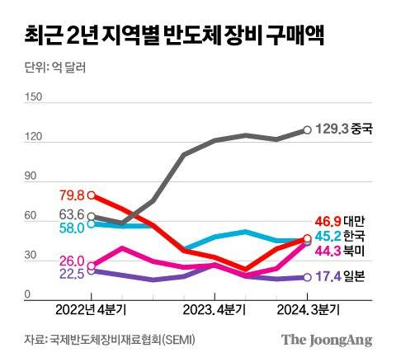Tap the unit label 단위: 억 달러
(49, 68)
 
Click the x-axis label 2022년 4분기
(91, 310)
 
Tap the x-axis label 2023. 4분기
(214, 310)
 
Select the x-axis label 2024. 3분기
(307, 310)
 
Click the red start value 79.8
(72, 195)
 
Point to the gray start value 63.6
(72, 214)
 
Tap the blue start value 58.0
(72, 228)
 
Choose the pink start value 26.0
(72, 261)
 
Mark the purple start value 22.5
(72, 275)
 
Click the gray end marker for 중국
(307, 129)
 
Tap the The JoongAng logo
(326, 340)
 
